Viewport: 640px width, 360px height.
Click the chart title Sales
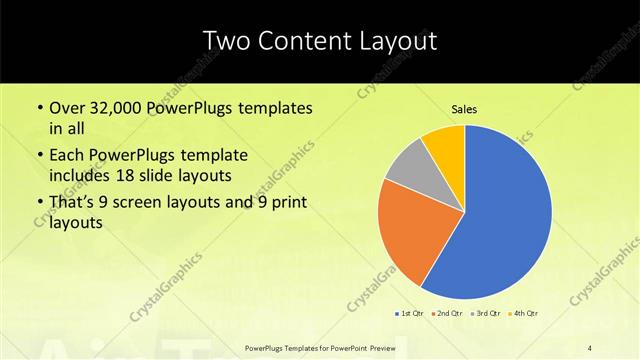coord(464,109)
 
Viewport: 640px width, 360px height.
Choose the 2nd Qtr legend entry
coord(447,314)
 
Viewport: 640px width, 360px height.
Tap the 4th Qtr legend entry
coord(523,314)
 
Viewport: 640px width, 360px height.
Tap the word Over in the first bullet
coord(67,107)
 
